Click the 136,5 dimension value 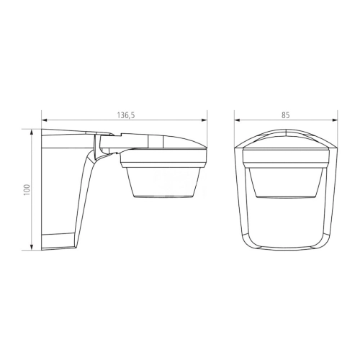[126, 115]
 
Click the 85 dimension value [286, 115]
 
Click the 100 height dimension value [27, 189]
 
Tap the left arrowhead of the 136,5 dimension [45, 120]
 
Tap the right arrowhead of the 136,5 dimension [204, 120]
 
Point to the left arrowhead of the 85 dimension [238, 120]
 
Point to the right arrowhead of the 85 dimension [335, 120]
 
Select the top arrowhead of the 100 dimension [31, 132]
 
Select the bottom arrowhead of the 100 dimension [31, 247]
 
